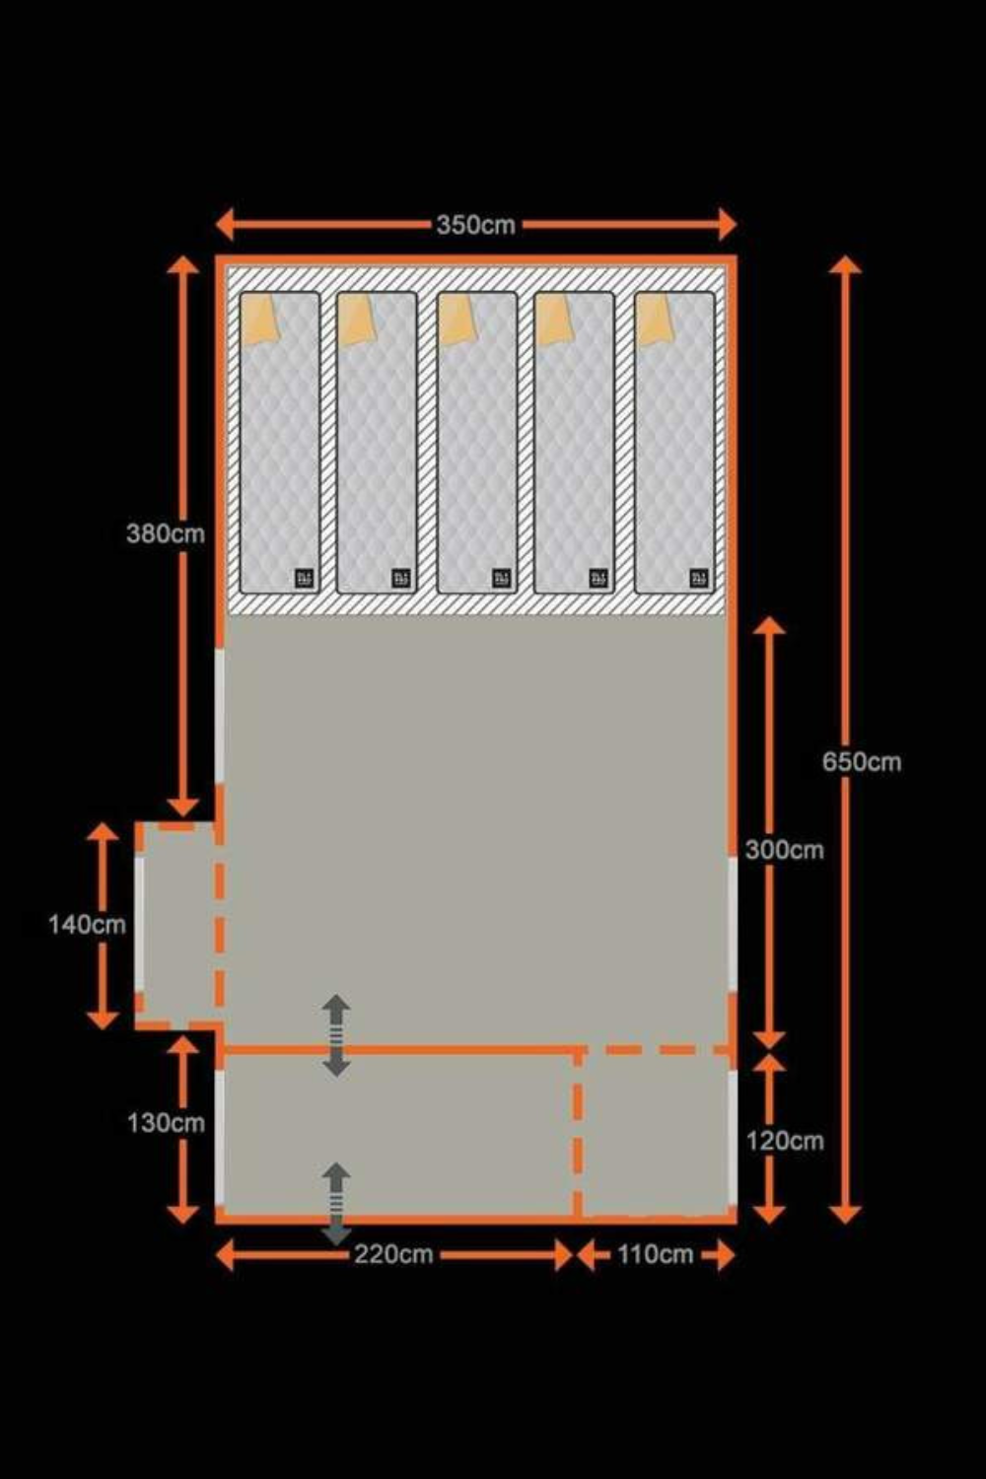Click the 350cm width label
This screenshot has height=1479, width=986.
(x=475, y=225)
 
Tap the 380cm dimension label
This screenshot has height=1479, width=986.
(x=165, y=533)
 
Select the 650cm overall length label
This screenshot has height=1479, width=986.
(x=861, y=761)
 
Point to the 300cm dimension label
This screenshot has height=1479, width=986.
(x=784, y=850)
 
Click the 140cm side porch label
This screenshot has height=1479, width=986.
(x=87, y=924)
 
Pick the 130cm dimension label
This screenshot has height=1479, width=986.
(x=165, y=1122)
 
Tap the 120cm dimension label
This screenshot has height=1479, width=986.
(x=784, y=1141)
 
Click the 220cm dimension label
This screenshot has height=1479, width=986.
(x=393, y=1254)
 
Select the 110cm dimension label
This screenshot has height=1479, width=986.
(x=655, y=1254)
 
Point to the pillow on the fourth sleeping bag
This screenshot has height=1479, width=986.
(x=553, y=319)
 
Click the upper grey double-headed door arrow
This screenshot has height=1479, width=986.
(x=336, y=1035)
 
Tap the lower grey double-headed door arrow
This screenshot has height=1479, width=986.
(x=336, y=1204)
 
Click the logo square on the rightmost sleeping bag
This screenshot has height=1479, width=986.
(x=699, y=578)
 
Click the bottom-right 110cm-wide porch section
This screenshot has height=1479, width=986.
(x=656, y=1134)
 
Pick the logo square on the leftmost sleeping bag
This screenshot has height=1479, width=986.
(x=304, y=578)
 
